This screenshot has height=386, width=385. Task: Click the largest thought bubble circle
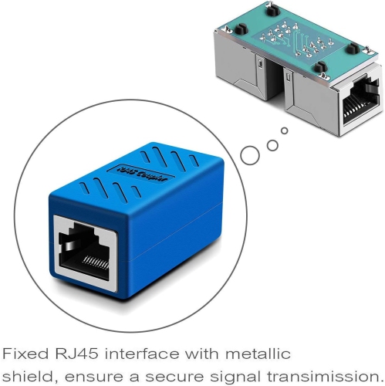(250, 154)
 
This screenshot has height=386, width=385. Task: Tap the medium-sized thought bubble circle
(271, 143)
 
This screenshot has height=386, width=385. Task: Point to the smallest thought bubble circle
(284, 131)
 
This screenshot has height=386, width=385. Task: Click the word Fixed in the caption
(25, 354)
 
